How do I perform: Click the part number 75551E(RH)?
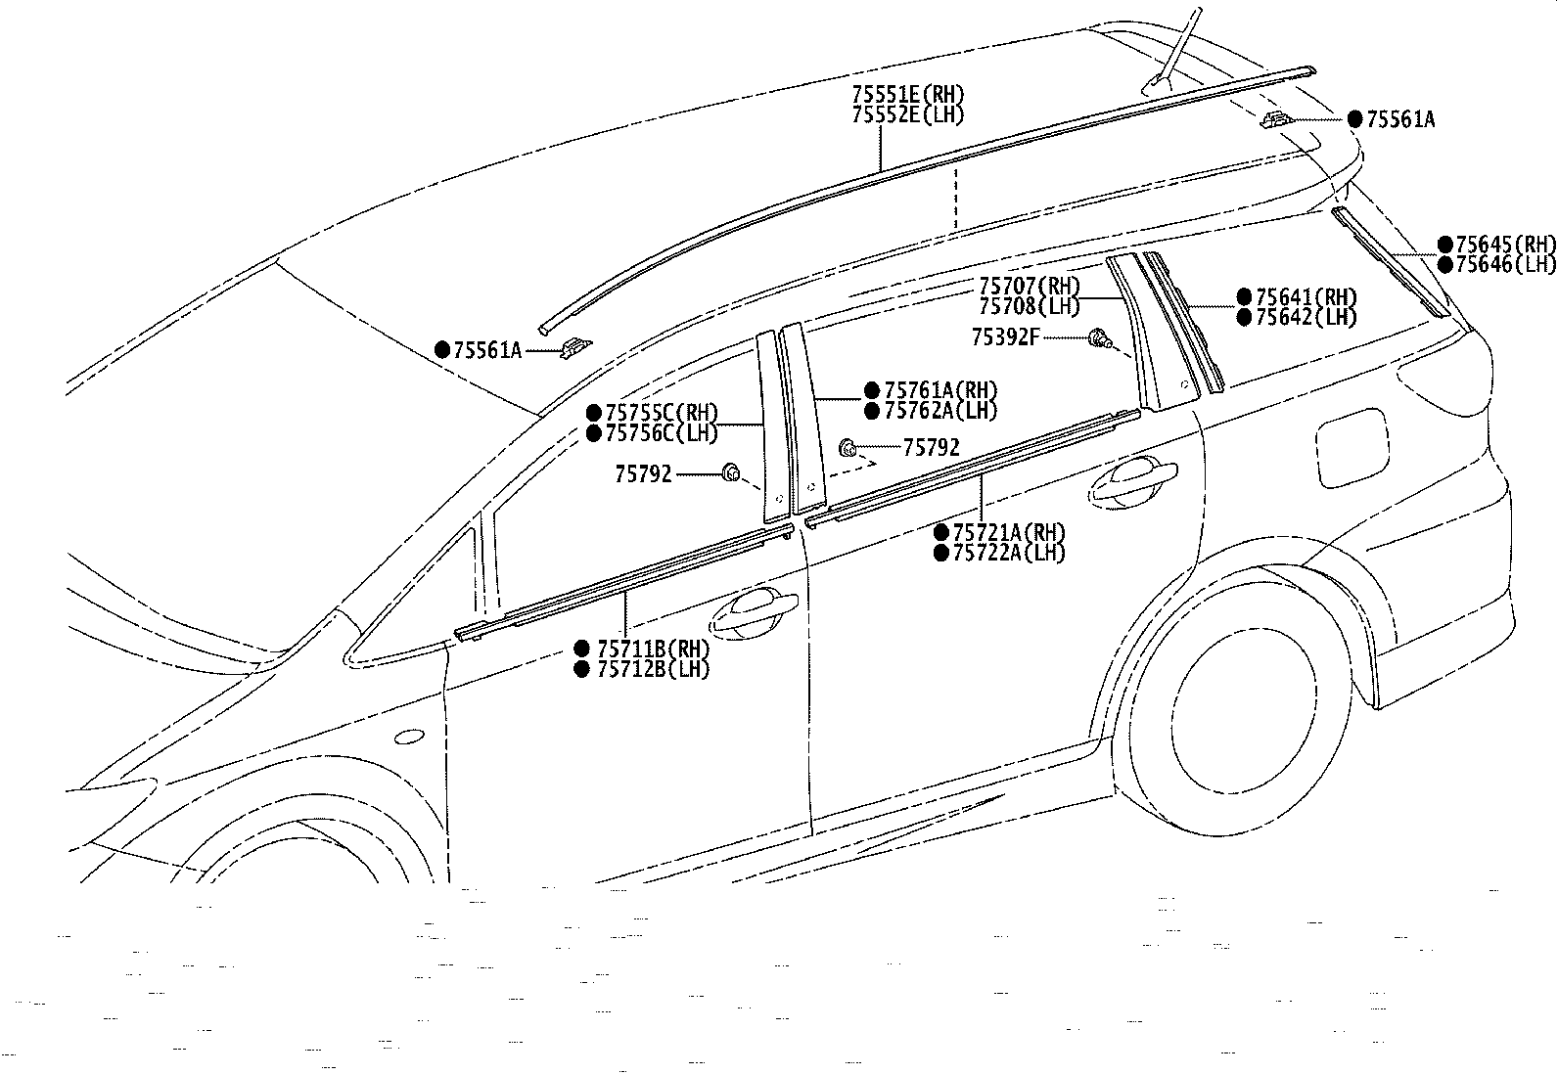pyautogui.click(x=908, y=94)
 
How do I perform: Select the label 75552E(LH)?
pyautogui.click(x=908, y=114)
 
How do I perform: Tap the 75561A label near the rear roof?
pyautogui.click(x=1400, y=119)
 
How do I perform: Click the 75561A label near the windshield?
pyautogui.click(x=487, y=350)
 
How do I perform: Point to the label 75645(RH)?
pyautogui.click(x=1506, y=245)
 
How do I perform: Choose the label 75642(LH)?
pyautogui.click(x=1306, y=317)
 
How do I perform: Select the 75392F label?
pyautogui.click(x=1006, y=337)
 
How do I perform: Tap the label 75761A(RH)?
pyautogui.click(x=940, y=390)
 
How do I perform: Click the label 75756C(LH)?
pyautogui.click(x=662, y=433)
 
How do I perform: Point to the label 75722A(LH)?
pyautogui.click(x=1009, y=553)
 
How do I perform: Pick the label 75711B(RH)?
pyautogui.click(x=653, y=649)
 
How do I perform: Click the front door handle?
pyautogui.click(x=754, y=612)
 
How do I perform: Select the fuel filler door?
pyautogui.click(x=1352, y=448)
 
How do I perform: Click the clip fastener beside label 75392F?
pyautogui.click(x=1099, y=338)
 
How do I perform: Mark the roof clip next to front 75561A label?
pyautogui.click(x=575, y=347)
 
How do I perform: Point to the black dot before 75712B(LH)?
pyautogui.click(x=582, y=669)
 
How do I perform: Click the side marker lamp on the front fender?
pyautogui.click(x=409, y=738)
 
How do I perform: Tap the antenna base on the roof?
pyautogui.click(x=1157, y=84)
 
